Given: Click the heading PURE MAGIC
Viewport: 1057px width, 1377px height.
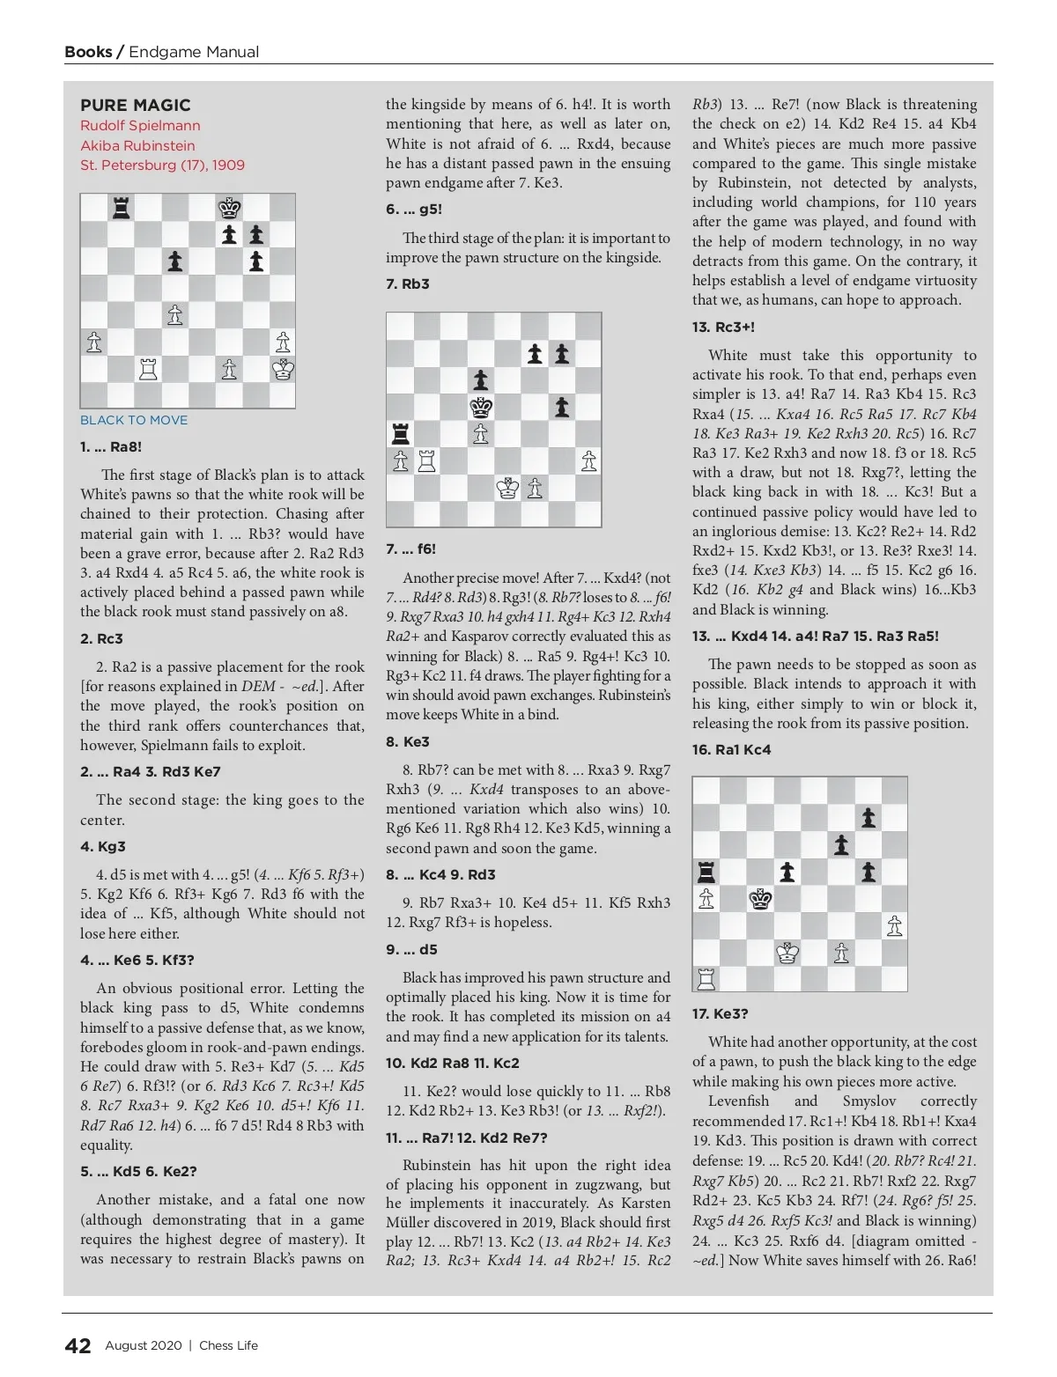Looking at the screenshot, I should point(135,105).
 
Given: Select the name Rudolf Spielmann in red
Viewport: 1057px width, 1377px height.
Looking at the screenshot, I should point(140,126).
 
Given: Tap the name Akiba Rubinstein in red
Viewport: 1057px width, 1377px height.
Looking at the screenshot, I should point(137,145).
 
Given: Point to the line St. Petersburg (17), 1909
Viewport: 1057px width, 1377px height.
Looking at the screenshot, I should point(162,165).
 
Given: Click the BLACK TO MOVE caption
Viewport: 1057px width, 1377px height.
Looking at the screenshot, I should point(134,420).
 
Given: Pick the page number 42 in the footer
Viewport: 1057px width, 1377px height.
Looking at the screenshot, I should point(78,1345).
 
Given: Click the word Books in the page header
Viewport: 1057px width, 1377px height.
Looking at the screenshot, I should point(88,52).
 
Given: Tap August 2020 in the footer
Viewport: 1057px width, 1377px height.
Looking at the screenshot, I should point(143,1345).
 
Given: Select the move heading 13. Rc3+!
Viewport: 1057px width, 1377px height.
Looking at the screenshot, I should point(723,327).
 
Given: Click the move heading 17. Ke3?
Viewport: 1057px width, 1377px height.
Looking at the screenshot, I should point(720,1013).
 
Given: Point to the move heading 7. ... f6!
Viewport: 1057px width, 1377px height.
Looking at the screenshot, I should point(410,549).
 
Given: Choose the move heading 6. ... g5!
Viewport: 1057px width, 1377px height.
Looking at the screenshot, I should point(414,210).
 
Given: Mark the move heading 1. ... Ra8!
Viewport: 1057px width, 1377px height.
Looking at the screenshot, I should point(111,446).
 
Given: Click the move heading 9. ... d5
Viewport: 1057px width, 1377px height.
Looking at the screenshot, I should point(411,949).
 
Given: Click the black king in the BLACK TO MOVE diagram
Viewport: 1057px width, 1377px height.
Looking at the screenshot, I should point(229,208).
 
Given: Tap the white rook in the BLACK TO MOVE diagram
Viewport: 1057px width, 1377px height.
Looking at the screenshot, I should point(148,369).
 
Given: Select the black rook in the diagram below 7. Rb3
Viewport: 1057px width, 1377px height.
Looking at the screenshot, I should point(400,434).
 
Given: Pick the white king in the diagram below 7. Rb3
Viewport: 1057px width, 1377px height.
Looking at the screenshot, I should point(507,488).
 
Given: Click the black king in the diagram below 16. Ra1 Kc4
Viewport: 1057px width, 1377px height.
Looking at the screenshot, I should point(760,899).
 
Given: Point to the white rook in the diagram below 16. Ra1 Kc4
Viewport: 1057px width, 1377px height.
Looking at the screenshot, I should point(706,977).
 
